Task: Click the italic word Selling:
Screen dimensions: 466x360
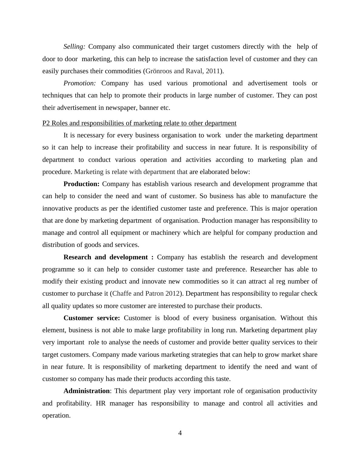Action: [x=74, y=47]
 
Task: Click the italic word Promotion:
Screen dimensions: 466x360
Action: [x=80, y=83]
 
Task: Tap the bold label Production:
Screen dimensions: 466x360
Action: [x=81, y=184]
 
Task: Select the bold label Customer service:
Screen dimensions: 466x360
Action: [x=92, y=318]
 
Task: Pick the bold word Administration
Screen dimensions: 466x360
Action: [x=87, y=391]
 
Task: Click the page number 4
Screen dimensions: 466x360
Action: [x=180, y=433]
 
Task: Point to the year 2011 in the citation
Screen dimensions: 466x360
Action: [x=213, y=71]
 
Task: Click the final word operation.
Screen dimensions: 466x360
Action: [x=56, y=415]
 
